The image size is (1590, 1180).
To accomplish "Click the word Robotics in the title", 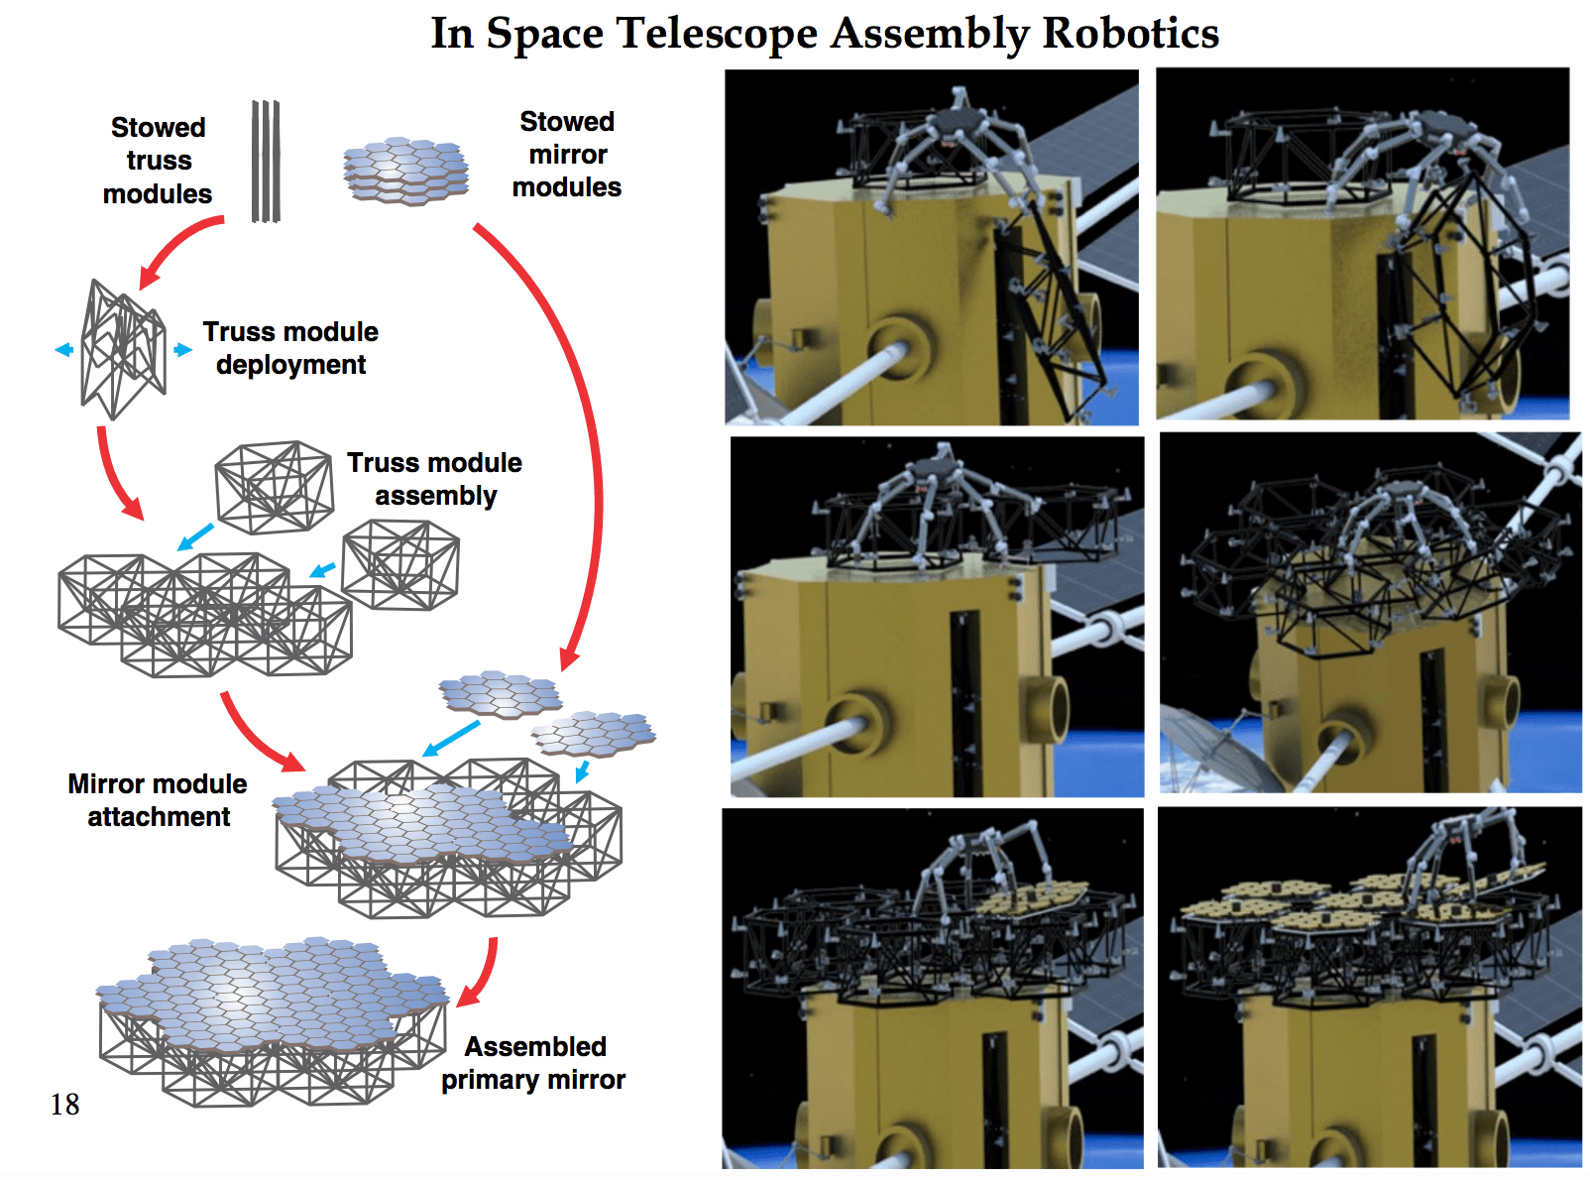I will (1130, 33).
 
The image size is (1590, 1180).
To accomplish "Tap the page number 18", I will (64, 1104).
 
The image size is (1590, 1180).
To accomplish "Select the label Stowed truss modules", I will (158, 161).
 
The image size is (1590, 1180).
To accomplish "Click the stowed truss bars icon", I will (266, 161).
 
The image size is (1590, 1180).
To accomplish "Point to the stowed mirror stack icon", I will (406, 171).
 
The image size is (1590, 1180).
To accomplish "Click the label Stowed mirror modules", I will (567, 155).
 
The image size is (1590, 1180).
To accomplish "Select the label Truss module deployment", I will (290, 348).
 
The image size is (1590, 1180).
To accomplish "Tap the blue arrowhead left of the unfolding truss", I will (63, 350).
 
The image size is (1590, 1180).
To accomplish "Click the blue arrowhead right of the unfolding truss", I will (183, 350).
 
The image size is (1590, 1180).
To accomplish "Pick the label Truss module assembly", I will (434, 479).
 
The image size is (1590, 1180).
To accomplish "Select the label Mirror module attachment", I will (158, 800).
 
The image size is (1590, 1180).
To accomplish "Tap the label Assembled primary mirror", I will (534, 1063).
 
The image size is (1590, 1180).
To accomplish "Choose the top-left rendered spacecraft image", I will (932, 247).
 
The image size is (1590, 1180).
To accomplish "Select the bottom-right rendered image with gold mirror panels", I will (1369, 988).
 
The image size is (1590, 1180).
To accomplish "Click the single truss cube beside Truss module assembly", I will (274, 487).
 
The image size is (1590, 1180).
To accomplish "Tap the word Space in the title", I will (544, 35).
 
